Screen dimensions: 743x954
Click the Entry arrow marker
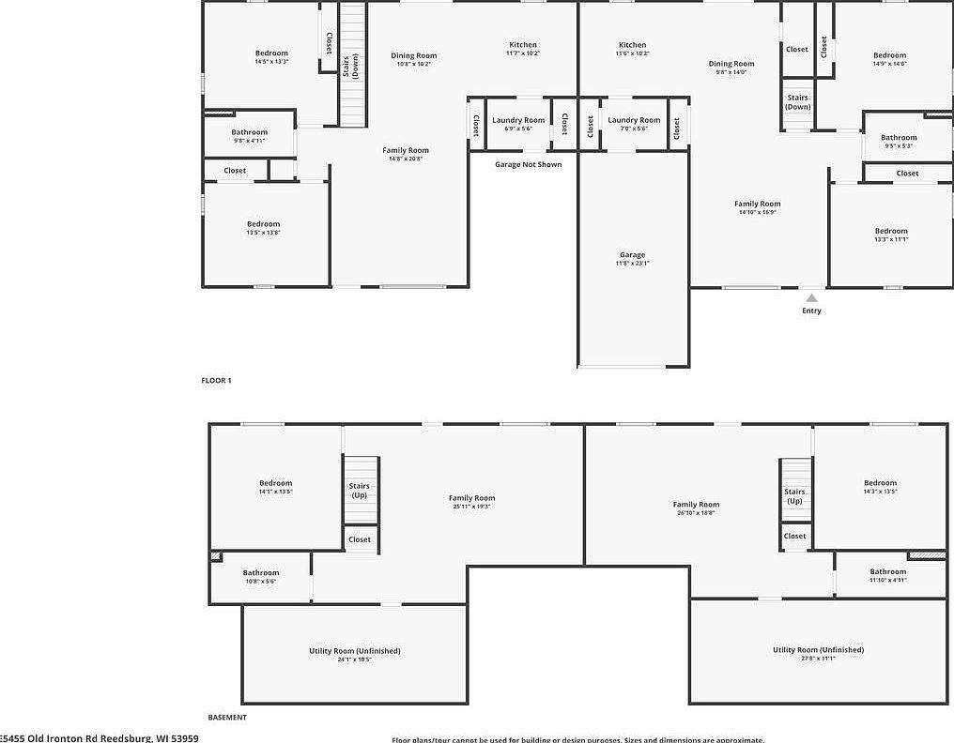pyautogui.click(x=811, y=298)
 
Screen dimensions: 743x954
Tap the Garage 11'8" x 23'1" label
pyautogui.click(x=632, y=259)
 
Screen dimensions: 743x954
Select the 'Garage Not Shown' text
pyautogui.click(x=529, y=164)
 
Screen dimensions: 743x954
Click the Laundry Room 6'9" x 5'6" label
pyautogui.click(x=518, y=124)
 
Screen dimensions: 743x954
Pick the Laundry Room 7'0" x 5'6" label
pyautogui.click(x=634, y=124)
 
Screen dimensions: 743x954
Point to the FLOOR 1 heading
pyautogui.click(x=216, y=380)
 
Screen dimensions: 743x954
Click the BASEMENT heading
pyautogui.click(x=227, y=717)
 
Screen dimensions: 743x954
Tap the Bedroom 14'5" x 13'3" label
pyautogui.click(x=271, y=57)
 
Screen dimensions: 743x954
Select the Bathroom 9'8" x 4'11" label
pyautogui.click(x=250, y=136)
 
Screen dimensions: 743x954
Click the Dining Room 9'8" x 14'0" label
pyautogui.click(x=731, y=68)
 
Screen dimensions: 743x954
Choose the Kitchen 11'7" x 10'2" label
pyautogui.click(x=523, y=49)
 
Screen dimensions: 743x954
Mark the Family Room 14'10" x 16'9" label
pyautogui.click(x=757, y=207)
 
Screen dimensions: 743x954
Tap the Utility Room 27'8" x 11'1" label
pyautogui.click(x=818, y=653)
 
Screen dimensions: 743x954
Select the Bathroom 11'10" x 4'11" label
pyautogui.click(x=887, y=575)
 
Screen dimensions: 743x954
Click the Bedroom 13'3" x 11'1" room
pyautogui.click(x=891, y=235)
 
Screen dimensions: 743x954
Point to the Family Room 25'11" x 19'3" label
pyautogui.click(x=471, y=502)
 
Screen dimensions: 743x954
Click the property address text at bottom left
pyautogui.click(x=100, y=737)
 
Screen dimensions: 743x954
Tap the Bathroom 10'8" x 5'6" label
pyautogui.click(x=261, y=576)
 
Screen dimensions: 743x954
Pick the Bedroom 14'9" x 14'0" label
pyautogui.click(x=889, y=59)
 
